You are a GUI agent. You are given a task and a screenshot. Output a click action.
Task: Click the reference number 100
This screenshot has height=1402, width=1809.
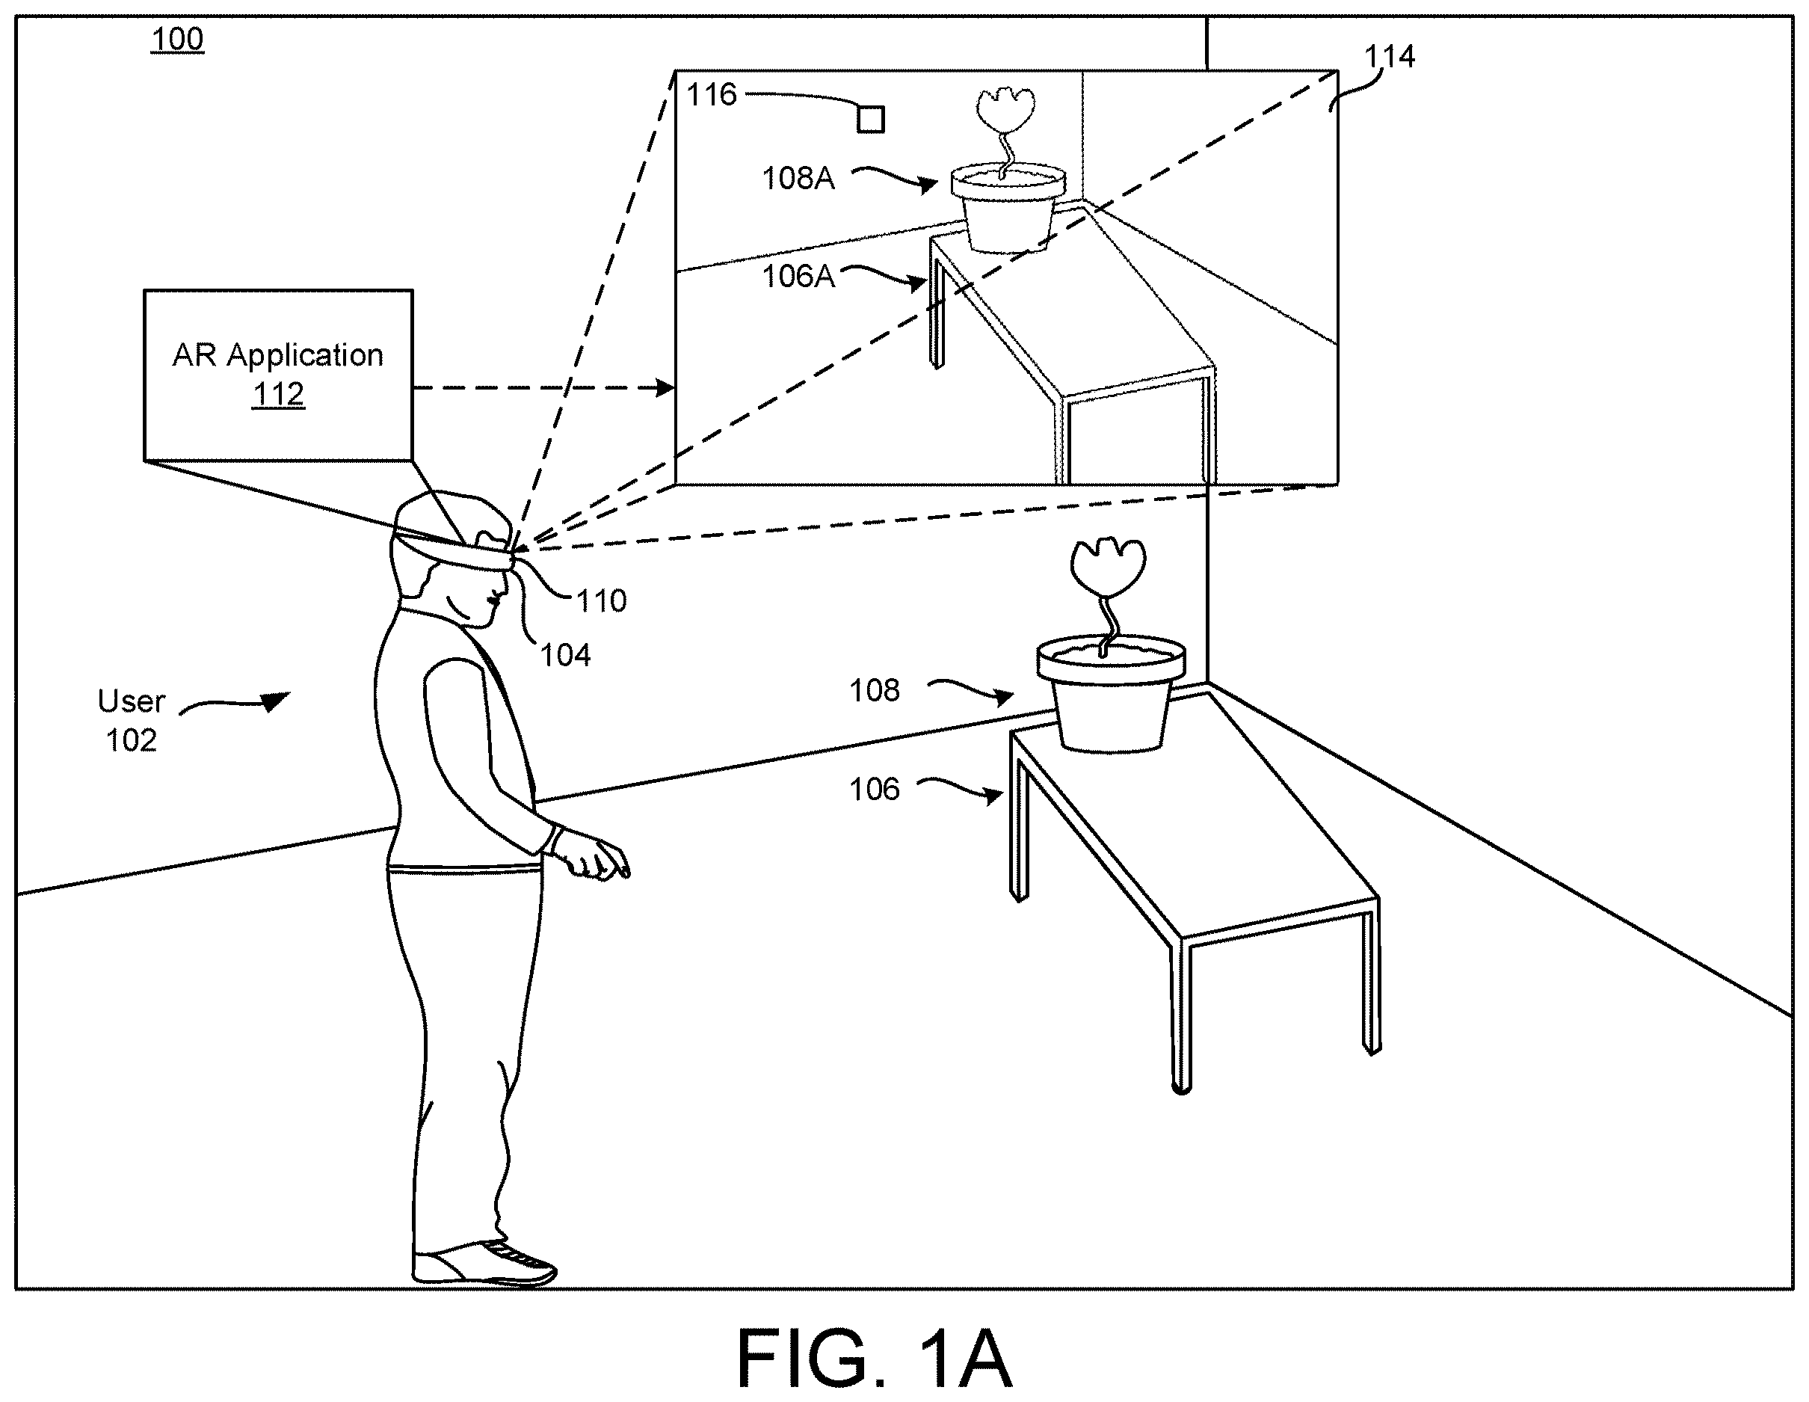[177, 39]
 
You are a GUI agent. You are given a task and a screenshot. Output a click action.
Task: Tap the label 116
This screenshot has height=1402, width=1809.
[712, 94]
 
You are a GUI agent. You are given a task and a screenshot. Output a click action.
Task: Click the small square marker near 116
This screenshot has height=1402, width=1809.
[871, 120]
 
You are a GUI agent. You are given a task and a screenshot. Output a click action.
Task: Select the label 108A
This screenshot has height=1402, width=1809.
[798, 178]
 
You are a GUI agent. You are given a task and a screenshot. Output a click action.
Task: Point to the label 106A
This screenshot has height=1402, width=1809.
[798, 276]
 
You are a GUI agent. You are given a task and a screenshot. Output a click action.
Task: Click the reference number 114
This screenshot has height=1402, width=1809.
[1390, 56]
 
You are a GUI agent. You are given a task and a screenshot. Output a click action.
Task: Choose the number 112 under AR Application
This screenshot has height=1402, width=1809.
[278, 393]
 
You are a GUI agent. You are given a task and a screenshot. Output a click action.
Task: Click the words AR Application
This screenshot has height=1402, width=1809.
[278, 355]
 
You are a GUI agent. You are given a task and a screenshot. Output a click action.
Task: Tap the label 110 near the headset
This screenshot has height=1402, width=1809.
[601, 600]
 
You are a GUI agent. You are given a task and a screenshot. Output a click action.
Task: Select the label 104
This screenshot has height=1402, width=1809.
[566, 656]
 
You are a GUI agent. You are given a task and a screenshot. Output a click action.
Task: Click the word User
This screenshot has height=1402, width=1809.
[132, 701]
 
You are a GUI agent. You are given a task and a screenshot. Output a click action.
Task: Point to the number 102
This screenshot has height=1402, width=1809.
[132, 740]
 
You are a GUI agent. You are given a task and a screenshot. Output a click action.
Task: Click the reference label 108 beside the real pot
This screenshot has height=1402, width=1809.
[875, 690]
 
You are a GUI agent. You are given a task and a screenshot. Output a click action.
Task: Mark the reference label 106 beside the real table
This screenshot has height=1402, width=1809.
[875, 789]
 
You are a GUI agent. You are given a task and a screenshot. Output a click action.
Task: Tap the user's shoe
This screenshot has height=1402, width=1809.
[484, 1263]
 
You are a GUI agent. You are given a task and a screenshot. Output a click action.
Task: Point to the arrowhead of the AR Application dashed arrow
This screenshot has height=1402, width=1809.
[665, 387]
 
